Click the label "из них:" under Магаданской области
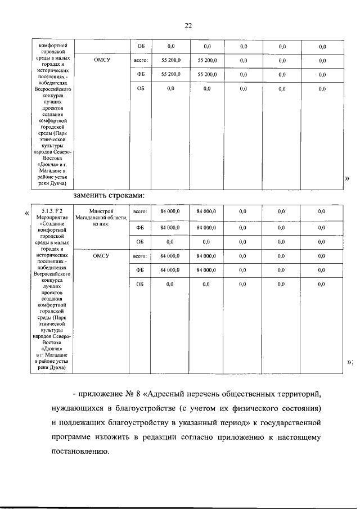point(101,223)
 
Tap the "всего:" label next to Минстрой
point(140,211)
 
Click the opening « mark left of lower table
point(28,213)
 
